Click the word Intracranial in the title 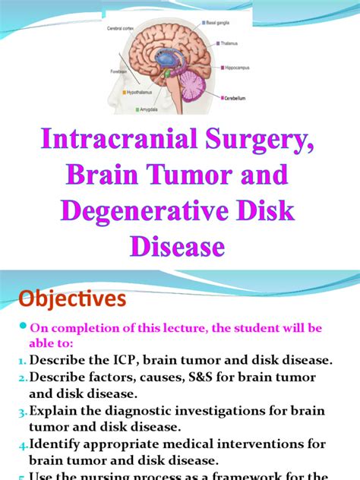125,142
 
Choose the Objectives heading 66,299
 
